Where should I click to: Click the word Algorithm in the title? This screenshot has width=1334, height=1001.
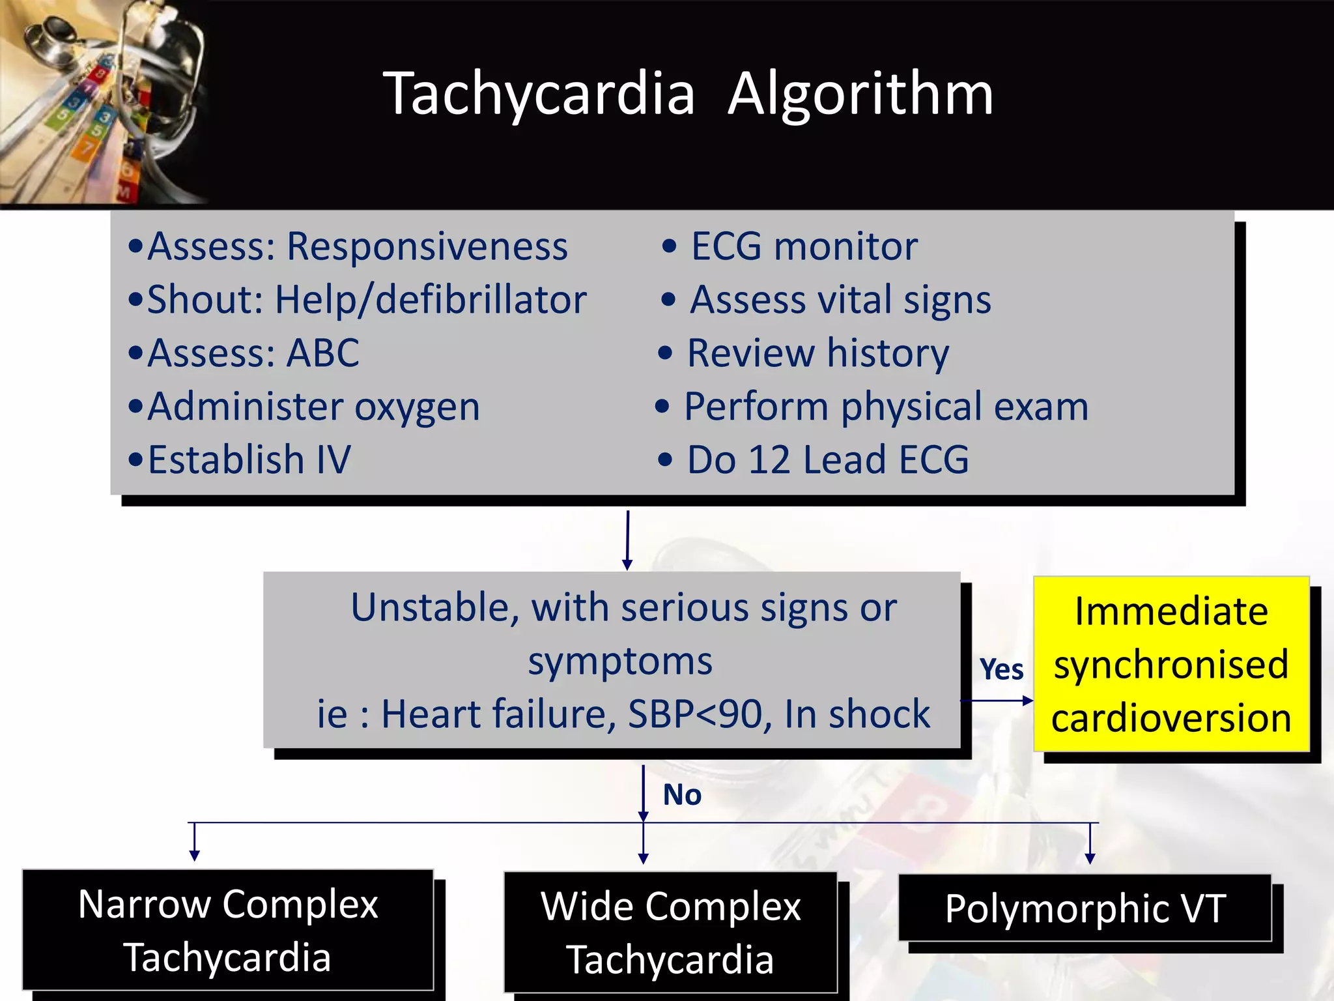click(860, 94)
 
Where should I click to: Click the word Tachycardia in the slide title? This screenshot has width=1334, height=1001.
click(539, 94)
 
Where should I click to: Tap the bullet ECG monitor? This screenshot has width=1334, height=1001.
click(804, 247)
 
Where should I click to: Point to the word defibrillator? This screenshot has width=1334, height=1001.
click(481, 300)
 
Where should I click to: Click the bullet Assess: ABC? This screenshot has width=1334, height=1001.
click(253, 353)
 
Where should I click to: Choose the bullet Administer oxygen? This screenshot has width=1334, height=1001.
click(313, 407)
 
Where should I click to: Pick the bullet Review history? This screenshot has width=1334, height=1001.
click(817, 353)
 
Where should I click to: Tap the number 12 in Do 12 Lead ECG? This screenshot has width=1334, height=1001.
click(769, 459)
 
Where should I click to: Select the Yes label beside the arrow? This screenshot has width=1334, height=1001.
click(1001, 670)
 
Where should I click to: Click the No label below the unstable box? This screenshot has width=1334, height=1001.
click(682, 795)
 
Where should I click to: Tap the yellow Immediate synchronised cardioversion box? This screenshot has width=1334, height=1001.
click(1171, 664)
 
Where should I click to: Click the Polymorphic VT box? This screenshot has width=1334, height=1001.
click(1085, 908)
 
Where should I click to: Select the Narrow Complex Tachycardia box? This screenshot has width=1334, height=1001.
click(228, 930)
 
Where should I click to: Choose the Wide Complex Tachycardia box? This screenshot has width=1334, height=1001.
click(670, 933)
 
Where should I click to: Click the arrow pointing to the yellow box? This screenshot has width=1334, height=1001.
click(997, 701)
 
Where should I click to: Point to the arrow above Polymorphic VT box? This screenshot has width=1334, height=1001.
click(1090, 844)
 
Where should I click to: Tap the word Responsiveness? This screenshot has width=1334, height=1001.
click(427, 247)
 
